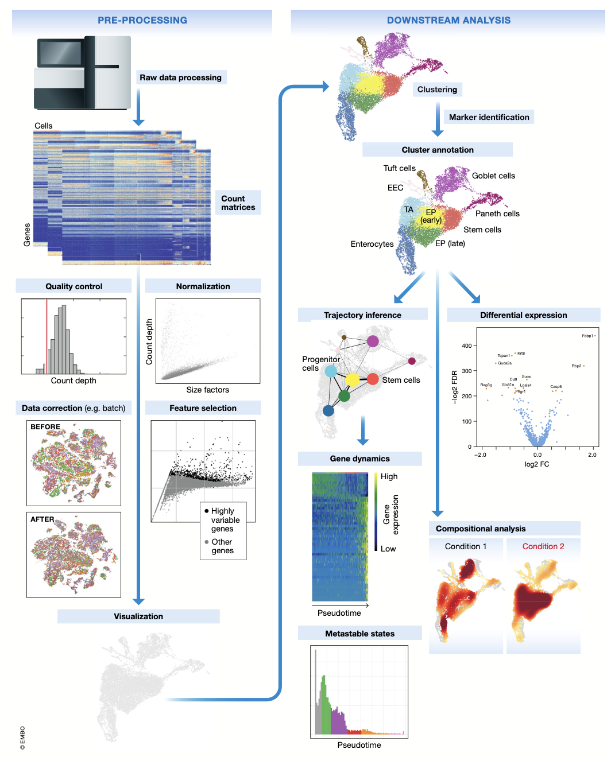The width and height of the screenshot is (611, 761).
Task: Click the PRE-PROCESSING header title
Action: pyautogui.click(x=142, y=20)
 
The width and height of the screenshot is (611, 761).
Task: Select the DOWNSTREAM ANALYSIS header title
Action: pyautogui.click(x=448, y=20)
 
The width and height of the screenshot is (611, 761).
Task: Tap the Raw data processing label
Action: pyautogui.click(x=180, y=77)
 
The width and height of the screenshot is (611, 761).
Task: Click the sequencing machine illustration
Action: pyautogui.click(x=83, y=73)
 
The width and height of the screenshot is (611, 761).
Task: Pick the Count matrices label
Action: pyautogui.click(x=238, y=203)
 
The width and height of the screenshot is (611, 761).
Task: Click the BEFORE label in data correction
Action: pyautogui.click(x=45, y=427)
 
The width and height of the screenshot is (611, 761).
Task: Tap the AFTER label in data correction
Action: pyautogui.click(x=42, y=519)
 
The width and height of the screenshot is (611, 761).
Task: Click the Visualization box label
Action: pyautogui.click(x=138, y=616)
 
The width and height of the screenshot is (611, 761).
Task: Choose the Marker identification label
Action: pyautogui.click(x=489, y=117)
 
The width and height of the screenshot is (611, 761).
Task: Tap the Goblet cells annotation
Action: pyautogui.click(x=493, y=176)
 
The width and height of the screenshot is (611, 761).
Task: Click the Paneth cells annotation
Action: pyautogui.click(x=497, y=213)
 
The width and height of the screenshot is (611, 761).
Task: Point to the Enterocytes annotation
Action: pyautogui.click(x=372, y=244)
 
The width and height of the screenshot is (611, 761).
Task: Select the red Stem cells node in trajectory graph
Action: pyautogui.click(x=373, y=379)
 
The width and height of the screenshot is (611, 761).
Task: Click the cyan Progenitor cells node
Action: pyautogui.click(x=331, y=371)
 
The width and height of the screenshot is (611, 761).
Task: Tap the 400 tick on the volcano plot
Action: pyautogui.click(x=466, y=345)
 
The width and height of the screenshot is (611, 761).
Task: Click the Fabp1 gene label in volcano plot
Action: pyautogui.click(x=587, y=336)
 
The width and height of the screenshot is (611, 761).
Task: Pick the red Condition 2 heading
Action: pyautogui.click(x=543, y=546)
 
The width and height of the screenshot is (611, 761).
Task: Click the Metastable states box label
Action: pyautogui.click(x=359, y=634)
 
